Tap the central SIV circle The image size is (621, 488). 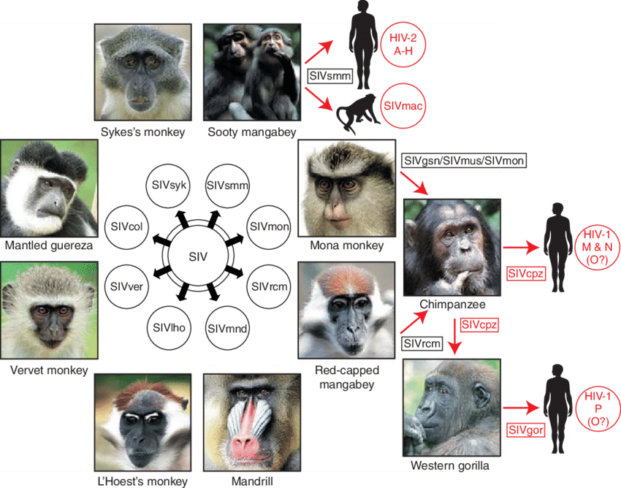pyautogui.click(x=197, y=256)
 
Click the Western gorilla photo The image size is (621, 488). pyautogui.click(x=452, y=407)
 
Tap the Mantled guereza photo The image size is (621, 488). pyautogui.click(x=49, y=187)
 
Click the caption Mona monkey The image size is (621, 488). pyautogui.click(x=343, y=245)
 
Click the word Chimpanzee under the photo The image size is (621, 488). pyautogui.click(x=452, y=303)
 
